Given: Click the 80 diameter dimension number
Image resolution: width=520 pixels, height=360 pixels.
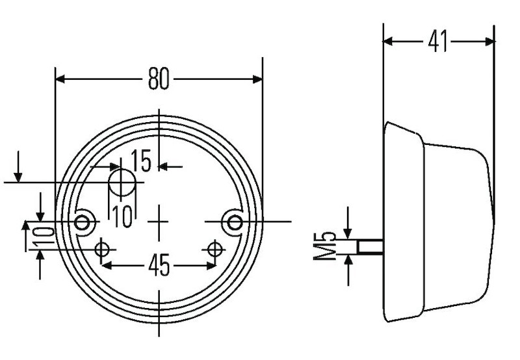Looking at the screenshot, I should pos(158,79).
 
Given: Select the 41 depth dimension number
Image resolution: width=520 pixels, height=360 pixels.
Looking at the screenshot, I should pos(438,42).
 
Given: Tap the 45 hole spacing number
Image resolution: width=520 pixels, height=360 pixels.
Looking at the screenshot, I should pos(159,265).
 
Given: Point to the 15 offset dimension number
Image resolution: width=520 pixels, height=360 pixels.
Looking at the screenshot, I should pos(141,161).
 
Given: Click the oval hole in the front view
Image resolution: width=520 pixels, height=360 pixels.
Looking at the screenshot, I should pos(120,182).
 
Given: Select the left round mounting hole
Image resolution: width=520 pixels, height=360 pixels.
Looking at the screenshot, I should pos(83,222).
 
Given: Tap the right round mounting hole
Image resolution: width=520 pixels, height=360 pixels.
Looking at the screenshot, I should pos(233,222).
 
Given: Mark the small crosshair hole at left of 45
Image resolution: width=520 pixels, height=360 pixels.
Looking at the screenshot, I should pos(101,249).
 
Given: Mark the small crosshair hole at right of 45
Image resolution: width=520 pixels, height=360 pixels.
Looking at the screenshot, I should pos(215,249).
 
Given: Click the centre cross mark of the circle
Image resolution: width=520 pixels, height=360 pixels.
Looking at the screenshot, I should pos(159,222).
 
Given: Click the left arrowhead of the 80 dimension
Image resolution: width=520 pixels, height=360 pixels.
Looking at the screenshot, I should pos(60,79).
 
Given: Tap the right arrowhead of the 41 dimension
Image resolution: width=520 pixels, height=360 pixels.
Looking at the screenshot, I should pos(490,42).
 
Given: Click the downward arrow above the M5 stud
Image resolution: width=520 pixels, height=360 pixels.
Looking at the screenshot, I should pos(348,233).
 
